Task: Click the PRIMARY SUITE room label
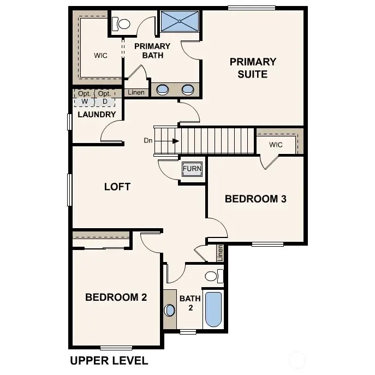[x=252, y=68]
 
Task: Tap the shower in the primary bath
[x=180, y=22]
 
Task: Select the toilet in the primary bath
[x=121, y=24]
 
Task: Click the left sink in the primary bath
[x=162, y=90]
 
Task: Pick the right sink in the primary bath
[x=188, y=90]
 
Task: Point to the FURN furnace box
[x=192, y=169]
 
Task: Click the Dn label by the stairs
[x=148, y=141]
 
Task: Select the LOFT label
[x=117, y=187]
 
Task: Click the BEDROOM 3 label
[x=255, y=199]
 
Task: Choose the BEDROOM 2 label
[x=116, y=297]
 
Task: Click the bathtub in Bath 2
[x=213, y=309]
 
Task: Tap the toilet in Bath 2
[x=213, y=276]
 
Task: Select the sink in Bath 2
[x=170, y=310]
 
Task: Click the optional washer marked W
[x=85, y=98]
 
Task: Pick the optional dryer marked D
[x=105, y=98]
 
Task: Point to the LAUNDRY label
[x=97, y=115]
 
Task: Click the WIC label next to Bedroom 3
[x=276, y=145]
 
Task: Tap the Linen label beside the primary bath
[x=136, y=93]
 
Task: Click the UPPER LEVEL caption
[x=109, y=361]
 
